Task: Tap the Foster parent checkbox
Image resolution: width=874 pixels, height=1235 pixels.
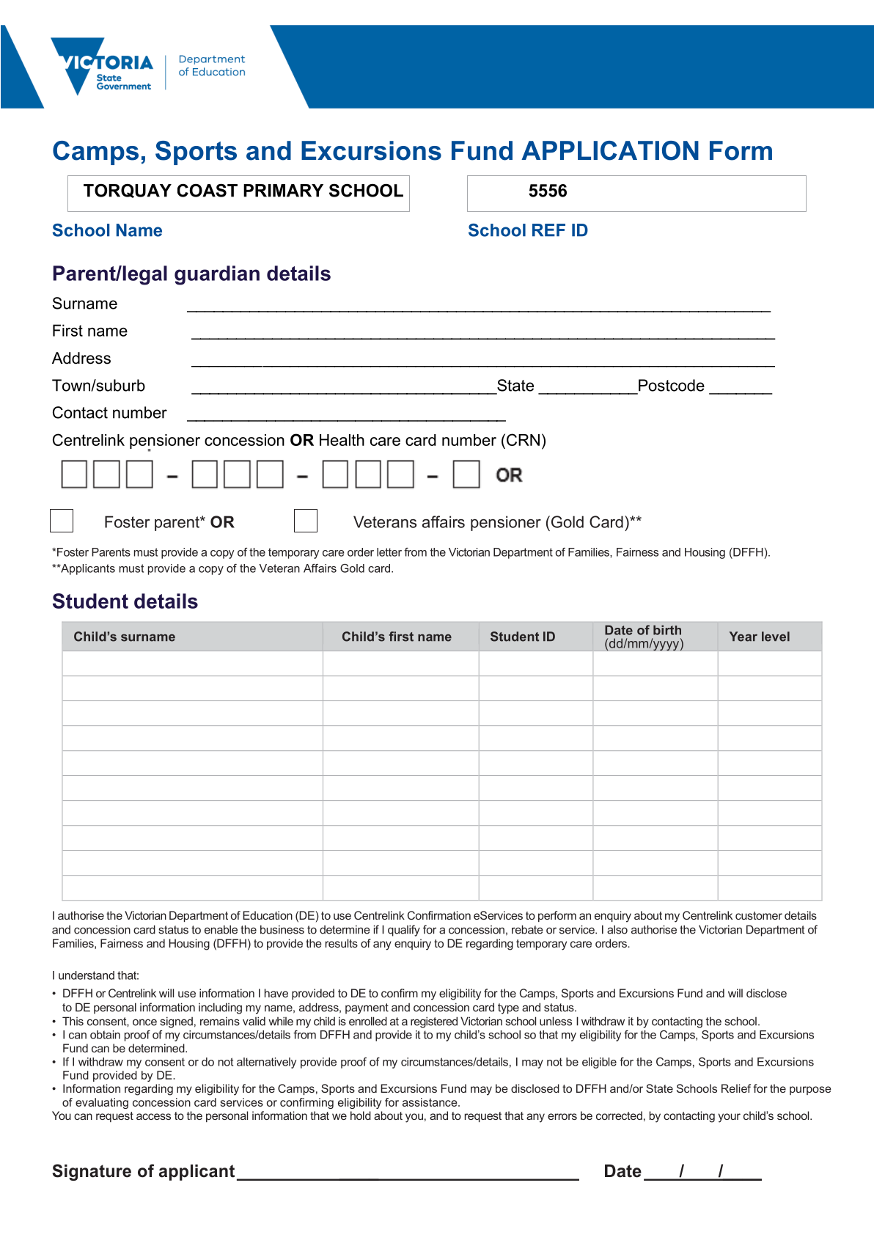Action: point(62,521)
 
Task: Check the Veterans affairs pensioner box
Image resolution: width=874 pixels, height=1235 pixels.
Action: point(305,521)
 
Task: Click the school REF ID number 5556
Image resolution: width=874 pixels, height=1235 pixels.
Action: point(548,191)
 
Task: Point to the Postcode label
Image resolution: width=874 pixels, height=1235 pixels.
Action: point(671,386)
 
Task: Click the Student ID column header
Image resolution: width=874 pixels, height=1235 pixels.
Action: point(522,637)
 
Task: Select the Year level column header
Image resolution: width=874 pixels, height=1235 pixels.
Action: point(760,637)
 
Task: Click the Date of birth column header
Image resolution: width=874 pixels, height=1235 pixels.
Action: point(644,637)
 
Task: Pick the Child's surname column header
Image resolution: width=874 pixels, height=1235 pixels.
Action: point(125,637)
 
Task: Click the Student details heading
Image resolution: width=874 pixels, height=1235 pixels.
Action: point(125,601)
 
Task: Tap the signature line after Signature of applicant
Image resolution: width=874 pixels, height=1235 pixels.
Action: point(408,1173)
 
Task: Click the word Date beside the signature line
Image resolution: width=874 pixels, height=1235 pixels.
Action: point(623,1171)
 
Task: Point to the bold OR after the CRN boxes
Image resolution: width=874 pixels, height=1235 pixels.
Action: point(509,475)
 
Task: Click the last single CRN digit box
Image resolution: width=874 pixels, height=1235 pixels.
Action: point(466,474)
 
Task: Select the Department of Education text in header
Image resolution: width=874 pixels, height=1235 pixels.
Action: point(212,65)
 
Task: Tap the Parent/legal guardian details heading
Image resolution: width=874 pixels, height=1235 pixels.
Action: point(191,274)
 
